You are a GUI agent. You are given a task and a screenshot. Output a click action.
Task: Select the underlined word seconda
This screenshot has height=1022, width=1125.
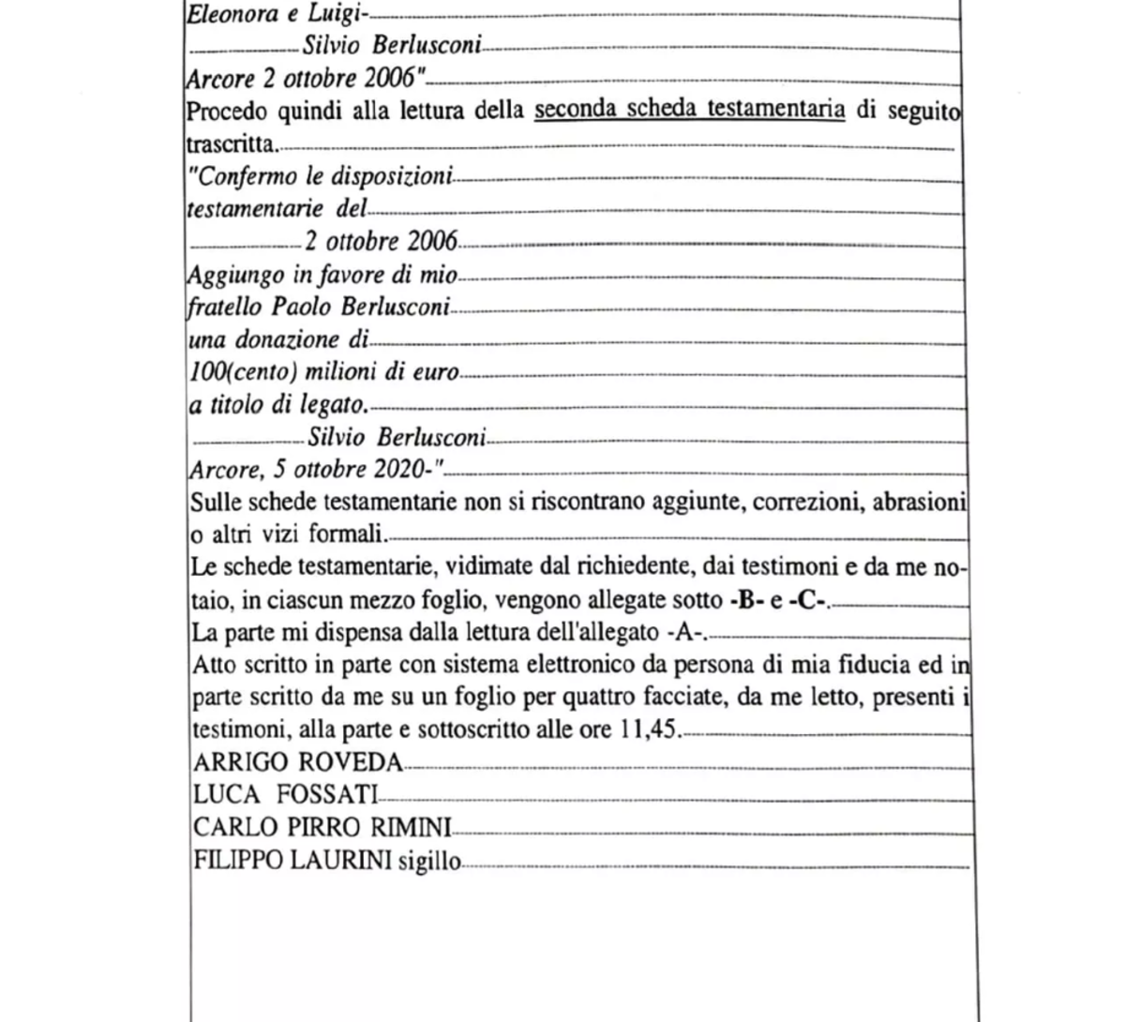(x=574, y=111)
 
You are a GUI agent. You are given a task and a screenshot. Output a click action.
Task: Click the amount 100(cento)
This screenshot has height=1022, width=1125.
(x=244, y=372)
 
